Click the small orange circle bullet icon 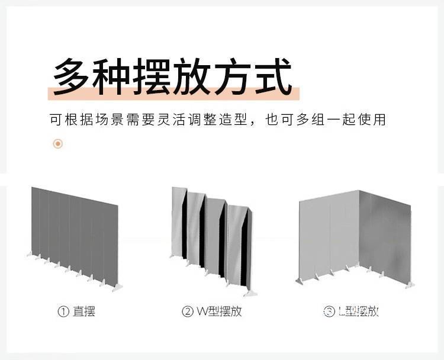(x=57, y=143)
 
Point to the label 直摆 (x=84, y=311)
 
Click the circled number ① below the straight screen (x=63, y=312)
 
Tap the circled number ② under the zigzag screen (x=188, y=312)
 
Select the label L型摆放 (x=358, y=311)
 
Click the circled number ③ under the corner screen (x=329, y=312)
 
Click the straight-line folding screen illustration (x=74, y=237)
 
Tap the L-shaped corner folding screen (x=355, y=237)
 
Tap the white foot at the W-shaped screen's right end (x=252, y=293)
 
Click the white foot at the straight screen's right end (x=118, y=288)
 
